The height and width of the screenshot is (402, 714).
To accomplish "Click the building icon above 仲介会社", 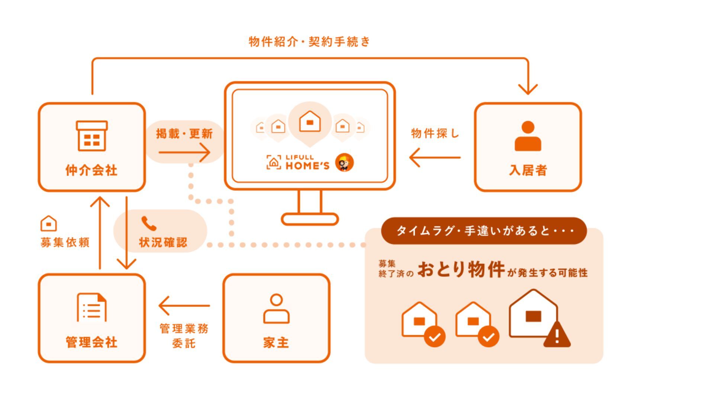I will pyautogui.click(x=92, y=136).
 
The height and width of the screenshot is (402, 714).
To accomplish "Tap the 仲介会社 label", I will pyautogui.click(x=91, y=170).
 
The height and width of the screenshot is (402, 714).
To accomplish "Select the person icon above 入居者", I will pyautogui.click(x=528, y=136).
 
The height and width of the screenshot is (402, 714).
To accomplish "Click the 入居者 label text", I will pyautogui.click(x=528, y=170).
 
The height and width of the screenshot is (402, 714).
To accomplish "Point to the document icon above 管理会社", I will pyautogui.click(x=92, y=307).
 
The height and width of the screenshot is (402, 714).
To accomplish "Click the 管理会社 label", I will pyautogui.click(x=91, y=342).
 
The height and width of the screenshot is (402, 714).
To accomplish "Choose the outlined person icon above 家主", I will pyautogui.click(x=276, y=309).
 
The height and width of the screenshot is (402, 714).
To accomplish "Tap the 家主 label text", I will pyautogui.click(x=276, y=342).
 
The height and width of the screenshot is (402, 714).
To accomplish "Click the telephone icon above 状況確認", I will pyautogui.click(x=149, y=224).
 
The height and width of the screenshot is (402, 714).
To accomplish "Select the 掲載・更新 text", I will pyautogui.click(x=184, y=134).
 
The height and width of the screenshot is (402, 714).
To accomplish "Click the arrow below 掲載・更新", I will pyautogui.click(x=184, y=152).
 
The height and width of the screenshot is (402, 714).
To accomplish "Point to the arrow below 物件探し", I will pyautogui.click(x=435, y=157).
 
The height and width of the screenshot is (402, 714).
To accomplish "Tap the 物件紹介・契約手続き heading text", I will pyautogui.click(x=309, y=42).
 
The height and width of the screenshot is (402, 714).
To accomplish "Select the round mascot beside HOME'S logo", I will pyautogui.click(x=344, y=163).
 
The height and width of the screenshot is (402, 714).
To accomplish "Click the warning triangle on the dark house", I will pyautogui.click(x=557, y=335).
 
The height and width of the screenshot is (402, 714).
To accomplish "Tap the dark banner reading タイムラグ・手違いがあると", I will pyautogui.click(x=484, y=231).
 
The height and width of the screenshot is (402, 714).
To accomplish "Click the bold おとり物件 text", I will pyautogui.click(x=461, y=269).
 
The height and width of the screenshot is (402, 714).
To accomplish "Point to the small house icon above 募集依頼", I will pyautogui.click(x=49, y=224).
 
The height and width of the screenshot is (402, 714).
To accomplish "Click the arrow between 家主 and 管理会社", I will pyautogui.click(x=184, y=306).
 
